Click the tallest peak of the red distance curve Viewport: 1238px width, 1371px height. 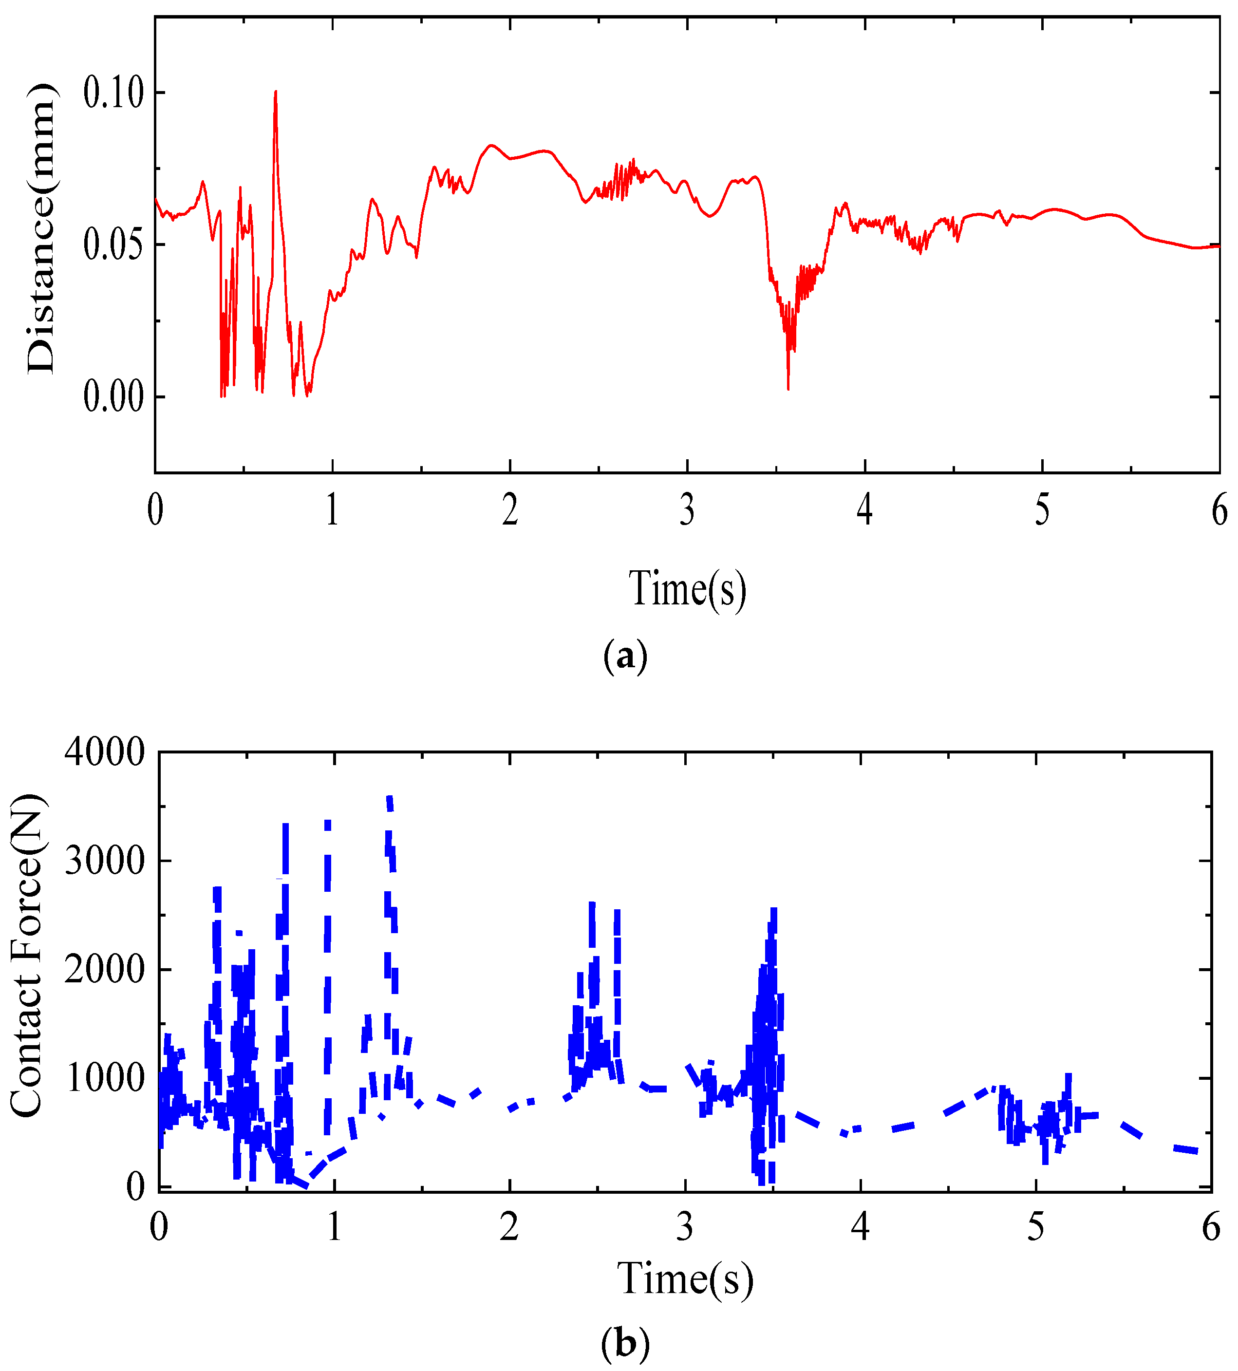tap(276, 92)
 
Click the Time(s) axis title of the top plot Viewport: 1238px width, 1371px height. tap(687, 588)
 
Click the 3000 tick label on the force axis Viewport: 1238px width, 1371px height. tap(105, 861)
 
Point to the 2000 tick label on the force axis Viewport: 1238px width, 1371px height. tap(105, 969)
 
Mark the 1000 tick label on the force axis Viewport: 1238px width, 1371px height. tap(105, 1078)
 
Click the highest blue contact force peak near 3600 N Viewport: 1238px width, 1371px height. tap(390, 799)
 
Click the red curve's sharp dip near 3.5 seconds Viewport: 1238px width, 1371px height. tap(788, 388)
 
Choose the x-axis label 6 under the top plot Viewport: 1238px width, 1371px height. tap(1219, 510)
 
